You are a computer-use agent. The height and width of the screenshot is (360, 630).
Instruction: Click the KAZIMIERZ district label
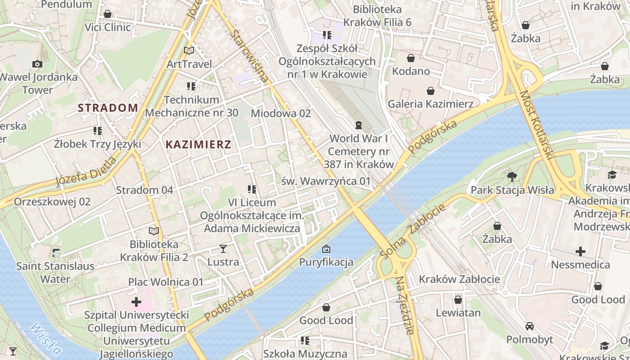198,144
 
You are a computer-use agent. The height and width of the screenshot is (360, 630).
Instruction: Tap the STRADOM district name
108,108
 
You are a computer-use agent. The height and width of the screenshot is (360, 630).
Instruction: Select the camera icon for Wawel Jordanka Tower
37,64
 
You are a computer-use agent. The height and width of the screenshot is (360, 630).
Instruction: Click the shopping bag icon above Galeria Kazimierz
431,91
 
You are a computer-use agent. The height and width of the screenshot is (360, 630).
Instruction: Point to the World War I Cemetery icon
358,125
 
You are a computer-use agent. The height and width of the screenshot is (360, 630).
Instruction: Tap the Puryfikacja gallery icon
326,248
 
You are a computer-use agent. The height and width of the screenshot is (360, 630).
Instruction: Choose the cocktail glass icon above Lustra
223,248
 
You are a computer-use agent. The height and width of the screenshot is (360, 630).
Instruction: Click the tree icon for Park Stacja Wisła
512,176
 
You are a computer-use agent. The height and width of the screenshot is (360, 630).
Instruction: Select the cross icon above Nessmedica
580,251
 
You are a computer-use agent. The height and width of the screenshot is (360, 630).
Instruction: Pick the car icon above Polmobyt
530,326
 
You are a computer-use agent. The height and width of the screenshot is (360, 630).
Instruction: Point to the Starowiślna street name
249,56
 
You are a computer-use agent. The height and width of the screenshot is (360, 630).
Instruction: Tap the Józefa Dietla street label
85,171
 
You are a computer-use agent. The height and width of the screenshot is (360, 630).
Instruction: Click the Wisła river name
45,338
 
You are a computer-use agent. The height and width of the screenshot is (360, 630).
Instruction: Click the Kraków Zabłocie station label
459,279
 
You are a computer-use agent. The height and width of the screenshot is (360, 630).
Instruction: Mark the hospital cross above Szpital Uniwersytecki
136,301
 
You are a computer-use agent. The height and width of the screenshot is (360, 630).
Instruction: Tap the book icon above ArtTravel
189,51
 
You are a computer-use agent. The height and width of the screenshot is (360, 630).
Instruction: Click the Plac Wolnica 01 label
166,282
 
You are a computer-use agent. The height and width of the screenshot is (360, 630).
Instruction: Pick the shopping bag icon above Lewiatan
458,300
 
